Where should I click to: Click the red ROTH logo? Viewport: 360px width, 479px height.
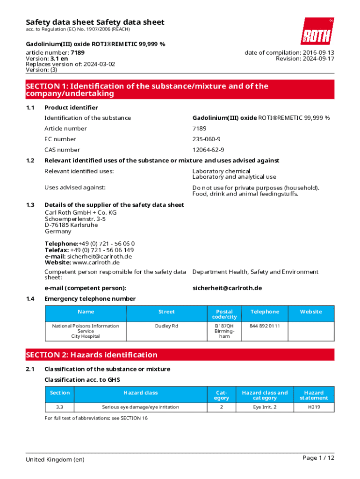317,31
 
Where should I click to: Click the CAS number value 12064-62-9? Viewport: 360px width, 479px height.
208,150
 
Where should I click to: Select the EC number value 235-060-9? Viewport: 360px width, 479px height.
206,139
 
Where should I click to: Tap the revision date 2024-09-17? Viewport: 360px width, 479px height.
318,58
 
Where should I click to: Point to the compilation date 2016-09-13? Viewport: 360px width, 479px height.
318,52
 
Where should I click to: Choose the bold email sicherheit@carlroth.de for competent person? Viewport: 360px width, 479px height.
227,288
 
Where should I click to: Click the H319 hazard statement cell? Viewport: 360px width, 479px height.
314,407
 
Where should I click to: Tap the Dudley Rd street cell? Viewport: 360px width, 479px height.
166,326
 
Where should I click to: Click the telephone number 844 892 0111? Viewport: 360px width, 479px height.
265,326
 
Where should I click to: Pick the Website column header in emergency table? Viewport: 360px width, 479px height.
311,312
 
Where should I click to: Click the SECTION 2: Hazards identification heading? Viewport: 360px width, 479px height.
92,355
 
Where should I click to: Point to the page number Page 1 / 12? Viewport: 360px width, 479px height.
318,458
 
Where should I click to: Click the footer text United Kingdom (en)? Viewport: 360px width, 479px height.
55,460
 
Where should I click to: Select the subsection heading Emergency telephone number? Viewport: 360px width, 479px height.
90,299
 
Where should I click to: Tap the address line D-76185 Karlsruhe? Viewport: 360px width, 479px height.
65,225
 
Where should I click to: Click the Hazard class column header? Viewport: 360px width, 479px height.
140,393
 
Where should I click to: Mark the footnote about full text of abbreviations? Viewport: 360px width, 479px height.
96,418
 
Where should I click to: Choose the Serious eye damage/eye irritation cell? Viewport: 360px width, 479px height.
140,407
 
